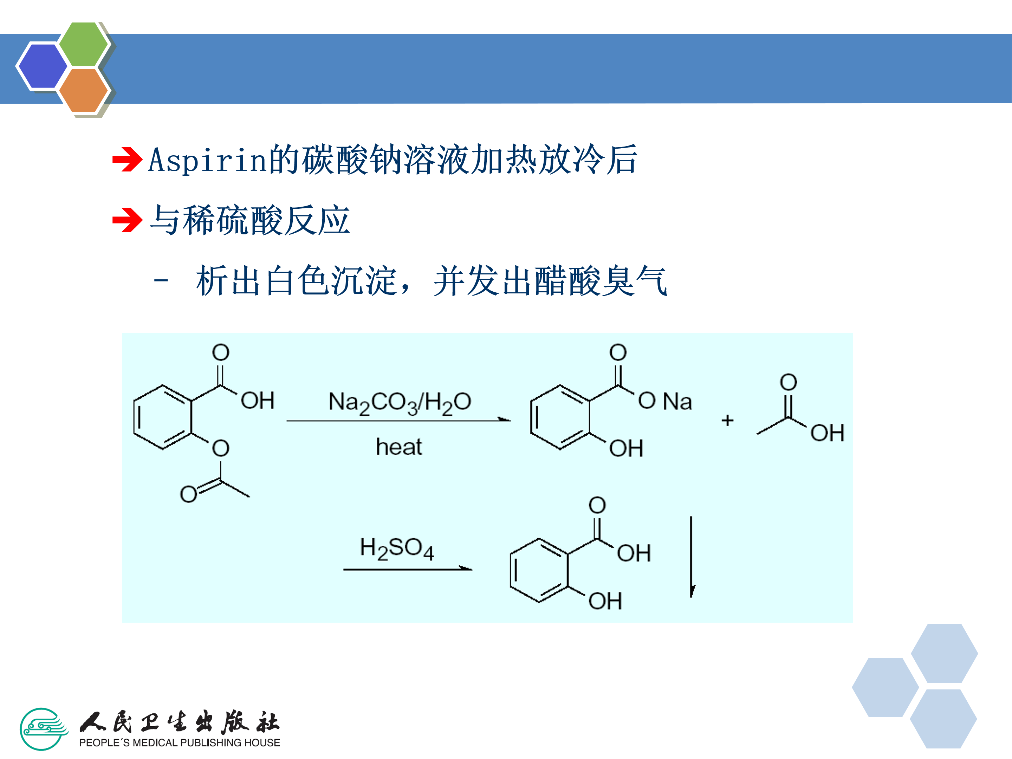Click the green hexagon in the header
tap(84, 44)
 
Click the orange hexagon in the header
tap(84, 90)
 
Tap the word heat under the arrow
tap(398, 447)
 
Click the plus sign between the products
tap(727, 420)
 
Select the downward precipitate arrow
tap(691, 557)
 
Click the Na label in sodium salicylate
tap(677, 402)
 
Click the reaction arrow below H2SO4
tap(407, 570)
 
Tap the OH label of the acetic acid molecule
tap(827, 433)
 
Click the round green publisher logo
tap(43, 729)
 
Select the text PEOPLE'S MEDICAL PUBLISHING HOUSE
tap(179, 742)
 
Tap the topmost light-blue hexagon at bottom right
tap(944, 653)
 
